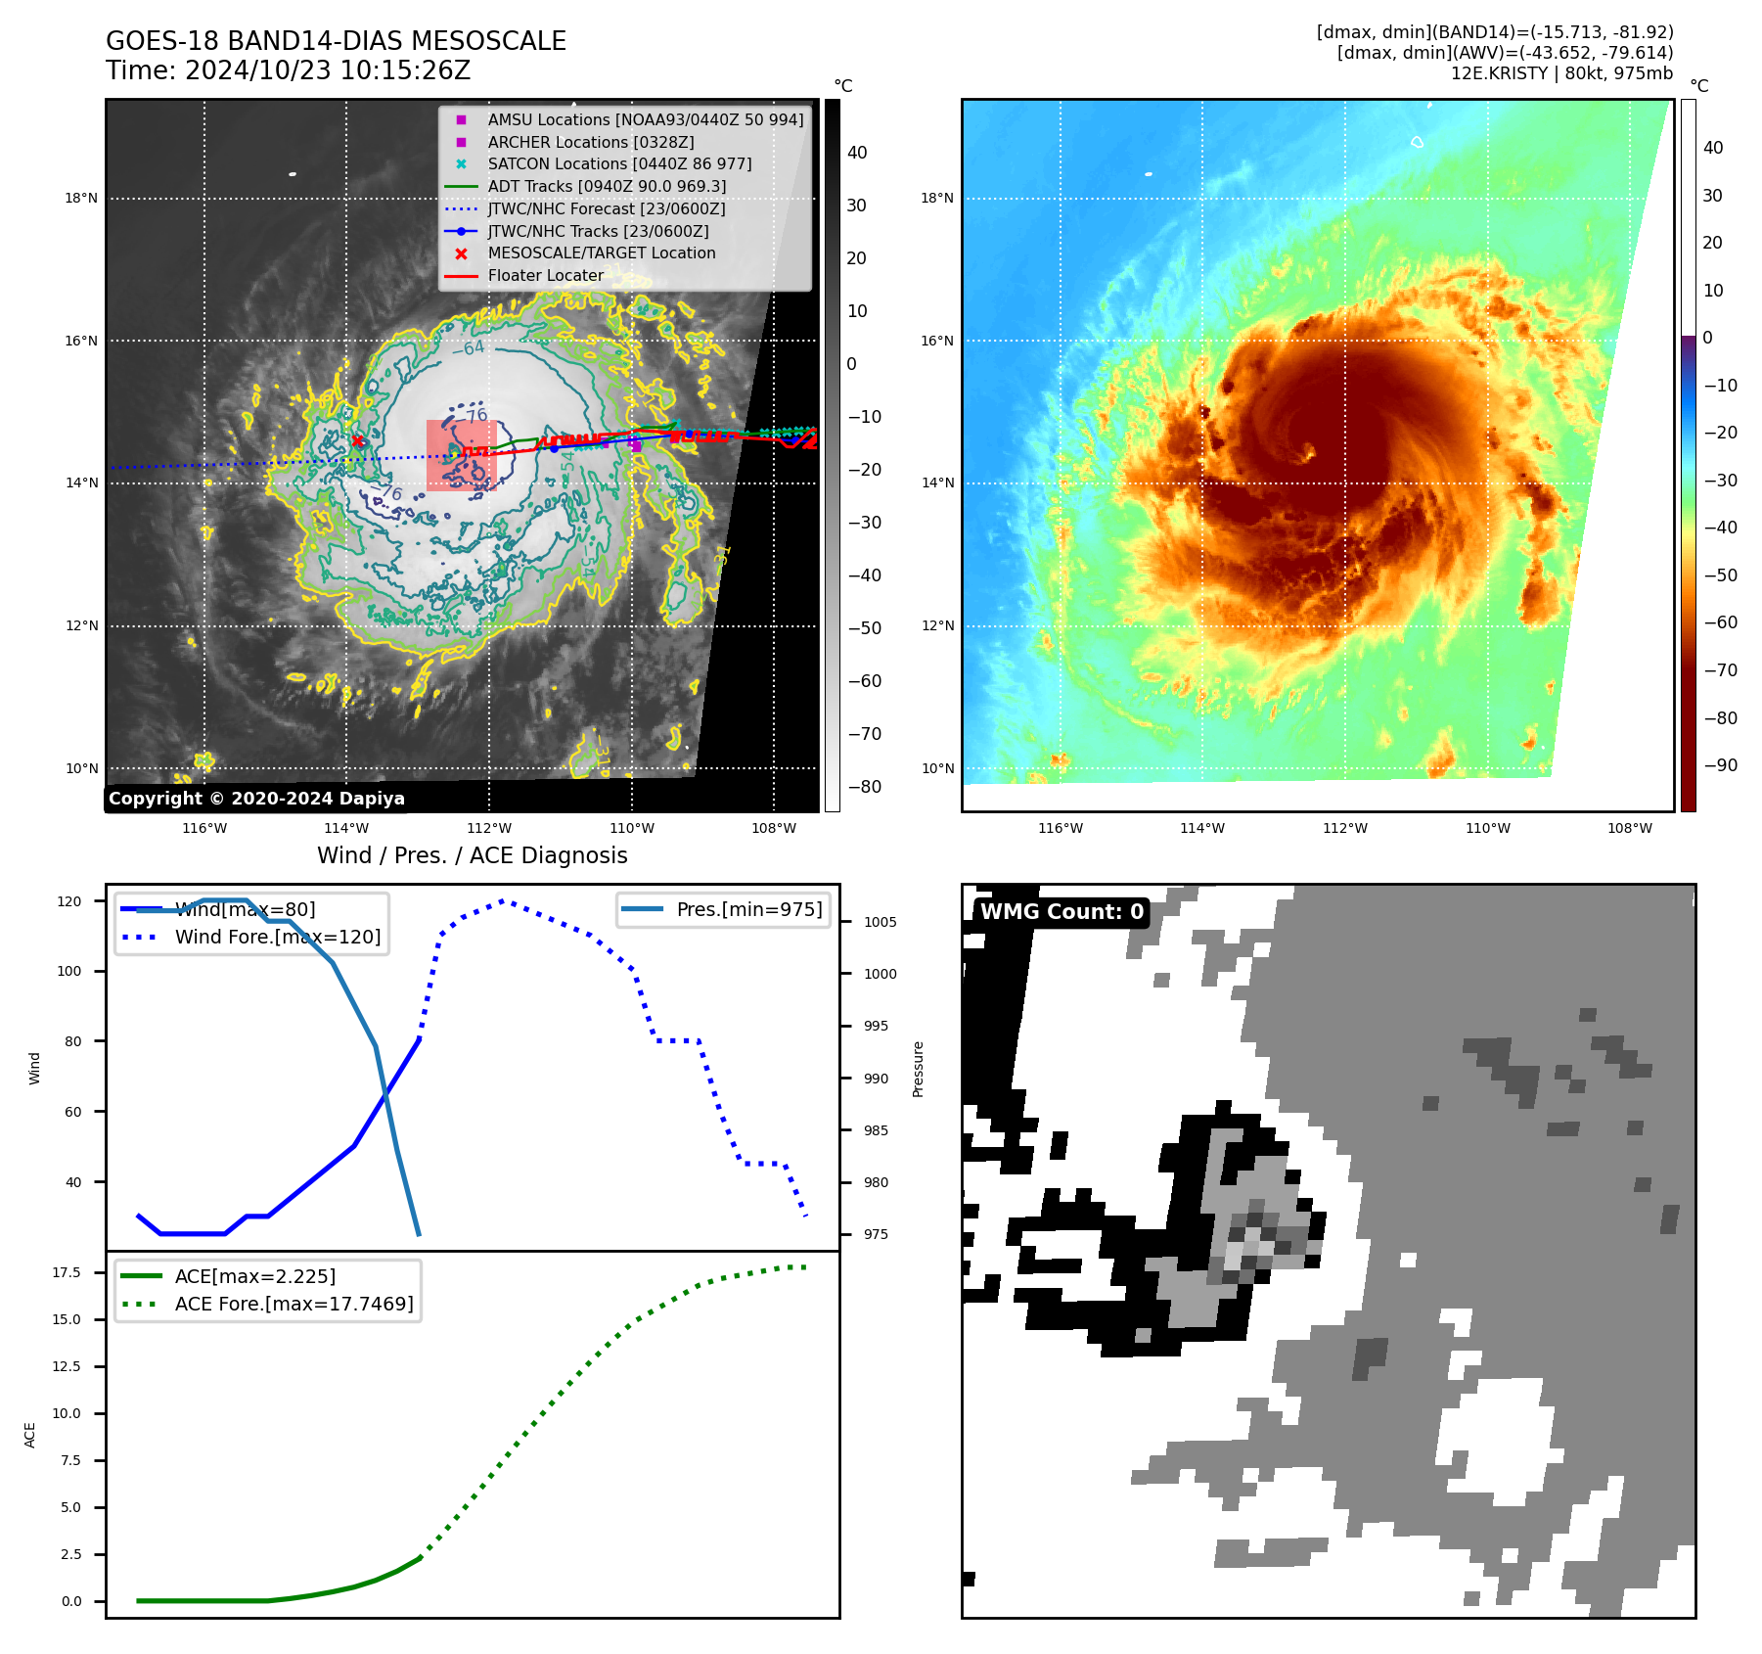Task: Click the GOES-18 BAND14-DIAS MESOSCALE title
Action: click(336, 41)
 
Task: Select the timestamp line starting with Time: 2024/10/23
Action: click(288, 70)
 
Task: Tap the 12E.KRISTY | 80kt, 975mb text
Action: click(1561, 73)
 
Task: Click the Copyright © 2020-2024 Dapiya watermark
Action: click(256, 799)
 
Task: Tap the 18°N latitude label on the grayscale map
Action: click(81, 198)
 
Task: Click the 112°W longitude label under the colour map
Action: click(1344, 828)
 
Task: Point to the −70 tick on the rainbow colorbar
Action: click(1720, 670)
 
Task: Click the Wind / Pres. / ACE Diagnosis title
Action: click(472, 855)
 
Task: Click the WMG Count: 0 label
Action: click(1062, 912)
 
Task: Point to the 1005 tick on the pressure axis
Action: click(880, 922)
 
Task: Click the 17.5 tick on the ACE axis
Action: click(67, 1272)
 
